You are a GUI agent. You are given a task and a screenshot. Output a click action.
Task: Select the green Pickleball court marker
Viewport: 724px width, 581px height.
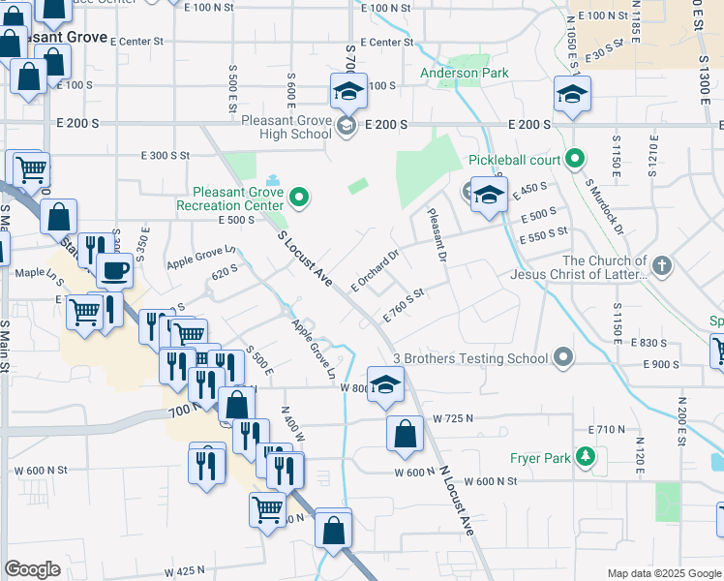coord(575,158)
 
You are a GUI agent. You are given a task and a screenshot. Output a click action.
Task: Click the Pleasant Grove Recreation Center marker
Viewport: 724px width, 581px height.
coord(299,199)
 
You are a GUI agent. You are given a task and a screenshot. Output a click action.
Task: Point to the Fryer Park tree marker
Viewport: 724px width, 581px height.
coord(585,455)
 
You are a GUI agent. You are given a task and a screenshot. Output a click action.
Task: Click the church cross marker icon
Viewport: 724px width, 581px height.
coord(661,265)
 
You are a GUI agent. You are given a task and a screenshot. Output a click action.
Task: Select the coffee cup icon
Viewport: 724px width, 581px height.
coord(114,270)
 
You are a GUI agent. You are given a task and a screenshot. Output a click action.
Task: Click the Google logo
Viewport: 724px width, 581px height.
coord(33,569)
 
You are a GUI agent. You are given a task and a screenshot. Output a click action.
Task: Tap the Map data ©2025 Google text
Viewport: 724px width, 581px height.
coord(663,573)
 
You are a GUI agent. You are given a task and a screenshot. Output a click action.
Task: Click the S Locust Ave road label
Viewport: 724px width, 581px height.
coord(305,259)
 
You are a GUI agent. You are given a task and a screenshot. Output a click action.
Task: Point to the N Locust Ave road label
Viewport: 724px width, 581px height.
coord(457,500)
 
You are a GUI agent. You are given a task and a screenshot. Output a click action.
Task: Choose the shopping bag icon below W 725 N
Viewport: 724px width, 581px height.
coord(405,434)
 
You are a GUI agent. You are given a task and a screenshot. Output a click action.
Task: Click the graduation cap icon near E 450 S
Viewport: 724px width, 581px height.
coord(490,195)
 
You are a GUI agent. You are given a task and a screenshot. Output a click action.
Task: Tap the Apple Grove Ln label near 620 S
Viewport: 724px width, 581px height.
coord(201,257)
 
